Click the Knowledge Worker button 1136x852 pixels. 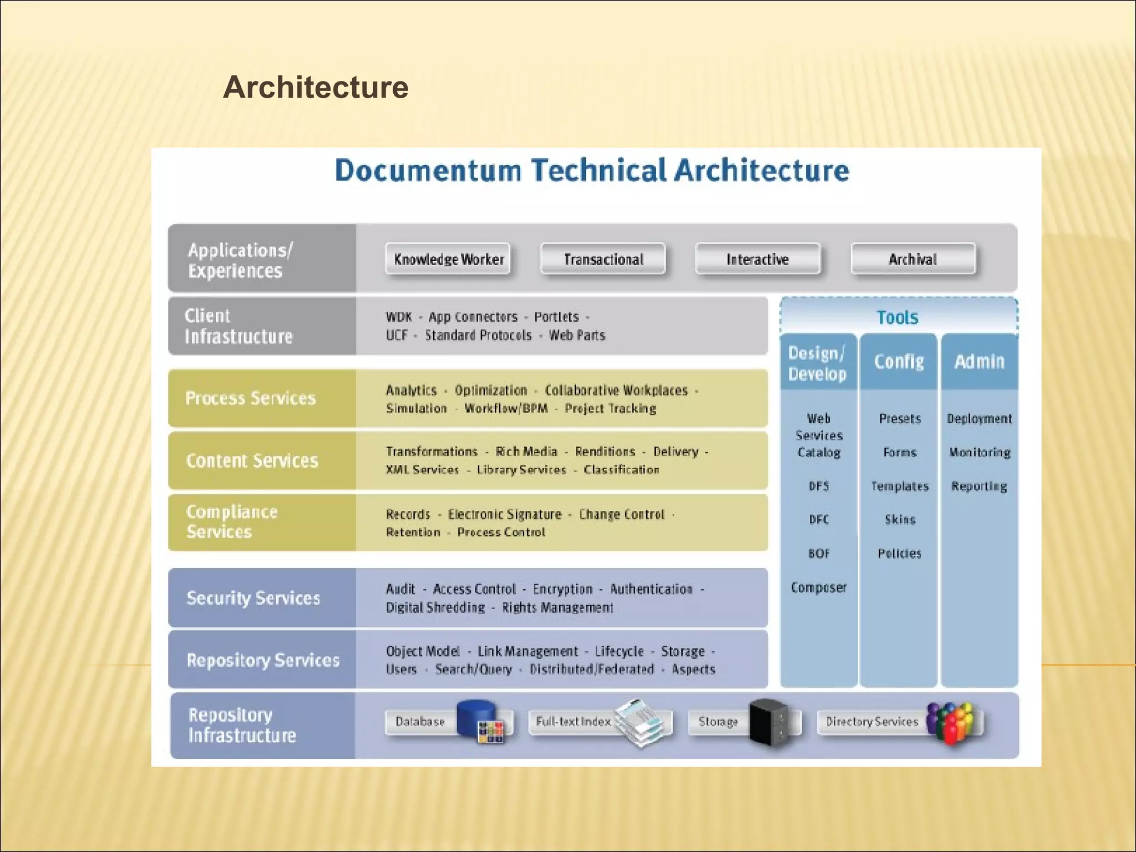point(448,259)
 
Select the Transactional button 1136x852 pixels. point(603,259)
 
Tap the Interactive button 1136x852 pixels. point(758,259)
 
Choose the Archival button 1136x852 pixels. point(913,259)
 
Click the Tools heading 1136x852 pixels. point(897,317)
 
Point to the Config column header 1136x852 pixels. point(899,362)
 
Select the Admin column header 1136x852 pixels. point(979,362)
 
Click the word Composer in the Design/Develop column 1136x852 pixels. point(819,587)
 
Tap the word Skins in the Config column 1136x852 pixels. point(900,520)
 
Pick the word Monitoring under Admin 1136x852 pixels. point(980,453)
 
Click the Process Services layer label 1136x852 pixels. point(250,398)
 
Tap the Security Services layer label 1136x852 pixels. point(253,598)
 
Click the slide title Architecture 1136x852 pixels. point(316,87)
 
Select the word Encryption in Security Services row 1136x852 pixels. point(562,589)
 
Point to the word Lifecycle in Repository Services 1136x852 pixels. point(619,651)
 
